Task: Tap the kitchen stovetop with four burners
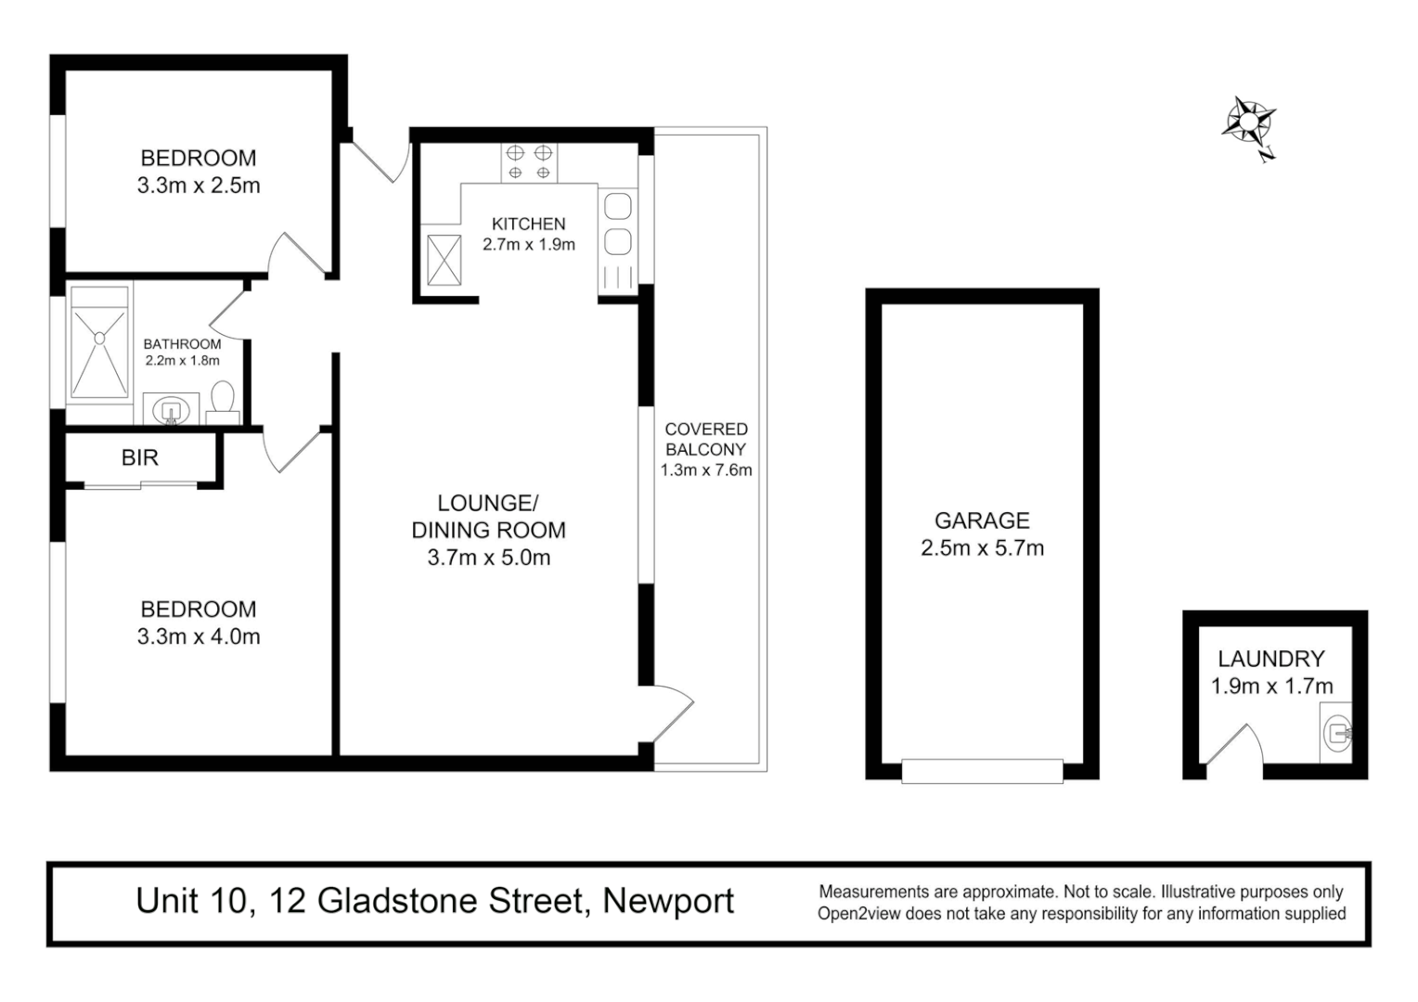[529, 162]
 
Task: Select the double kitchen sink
[617, 224]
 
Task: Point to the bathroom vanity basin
[171, 409]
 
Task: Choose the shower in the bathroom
[98, 341]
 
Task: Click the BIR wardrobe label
[139, 457]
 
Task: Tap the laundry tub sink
[1336, 730]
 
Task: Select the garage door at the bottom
[982, 771]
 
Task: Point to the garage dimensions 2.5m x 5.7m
[982, 548]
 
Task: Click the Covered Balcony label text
[706, 439]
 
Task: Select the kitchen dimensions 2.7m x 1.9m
[528, 245]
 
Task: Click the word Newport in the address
[668, 901]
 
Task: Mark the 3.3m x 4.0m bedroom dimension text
[199, 636]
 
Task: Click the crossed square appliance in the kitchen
[444, 260]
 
